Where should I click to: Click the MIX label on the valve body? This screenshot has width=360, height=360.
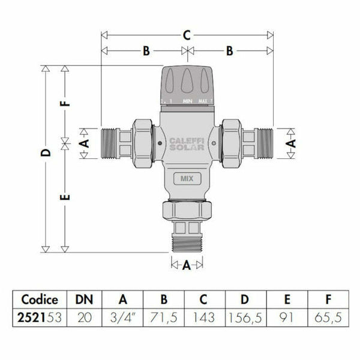pyautogui.click(x=186, y=178)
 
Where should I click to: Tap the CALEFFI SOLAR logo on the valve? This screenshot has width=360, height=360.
pyautogui.click(x=186, y=144)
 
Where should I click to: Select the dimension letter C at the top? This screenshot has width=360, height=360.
pyautogui.click(x=187, y=35)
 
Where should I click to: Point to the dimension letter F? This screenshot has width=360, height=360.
pyautogui.click(x=66, y=101)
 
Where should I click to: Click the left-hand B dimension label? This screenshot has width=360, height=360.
pyautogui.click(x=145, y=52)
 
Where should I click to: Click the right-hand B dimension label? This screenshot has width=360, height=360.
pyautogui.click(x=229, y=52)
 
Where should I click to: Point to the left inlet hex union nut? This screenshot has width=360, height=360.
pyautogui.click(x=143, y=143)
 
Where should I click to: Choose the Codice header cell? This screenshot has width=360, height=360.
pyautogui.click(x=40, y=299)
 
